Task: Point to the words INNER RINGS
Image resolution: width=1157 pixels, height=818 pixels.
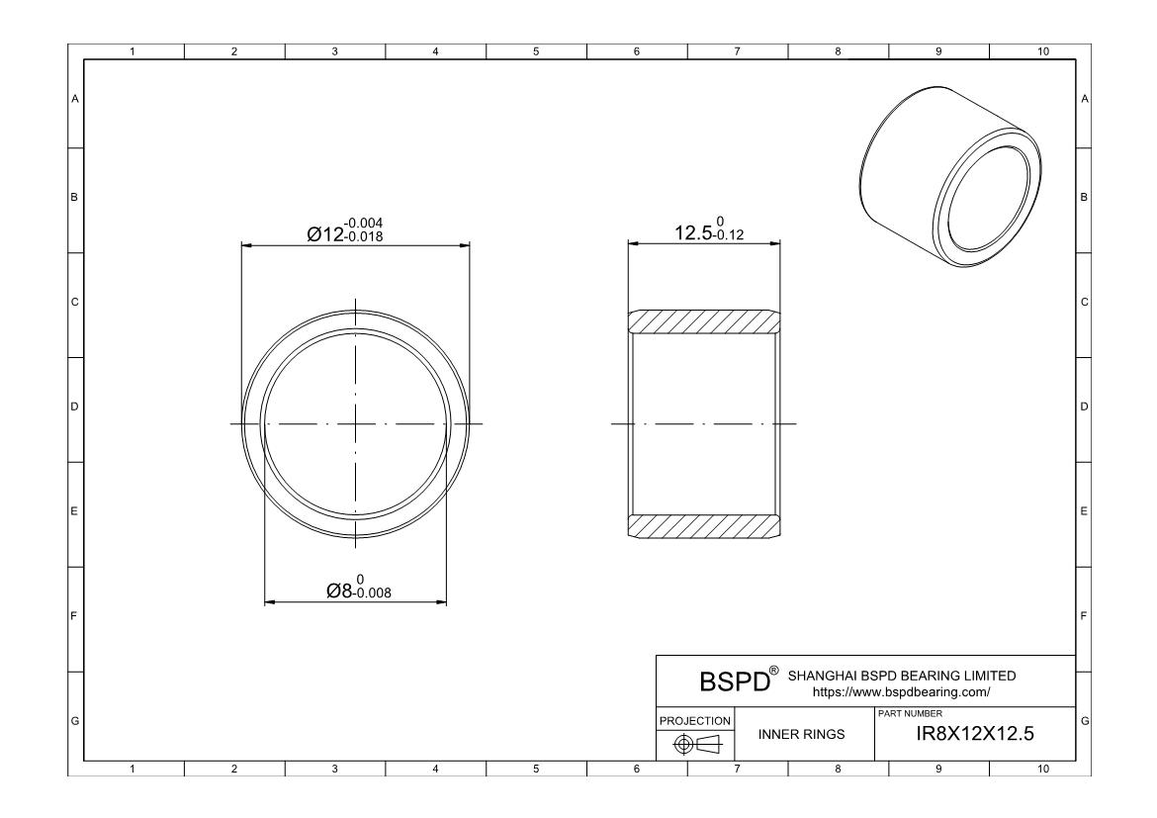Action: [801, 734]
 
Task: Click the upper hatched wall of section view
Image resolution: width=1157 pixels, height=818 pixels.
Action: [703, 321]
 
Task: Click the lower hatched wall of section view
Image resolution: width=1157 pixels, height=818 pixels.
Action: [703, 526]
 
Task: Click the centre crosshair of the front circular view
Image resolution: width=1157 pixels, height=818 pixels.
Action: [355, 424]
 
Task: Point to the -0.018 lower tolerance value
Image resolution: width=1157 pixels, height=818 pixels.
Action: [363, 237]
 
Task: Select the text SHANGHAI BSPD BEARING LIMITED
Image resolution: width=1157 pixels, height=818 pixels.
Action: [901, 677]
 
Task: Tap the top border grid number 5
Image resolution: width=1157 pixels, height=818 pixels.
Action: [536, 51]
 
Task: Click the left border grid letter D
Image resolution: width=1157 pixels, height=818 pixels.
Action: [74, 407]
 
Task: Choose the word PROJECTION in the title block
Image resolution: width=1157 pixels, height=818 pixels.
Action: [696, 720]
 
